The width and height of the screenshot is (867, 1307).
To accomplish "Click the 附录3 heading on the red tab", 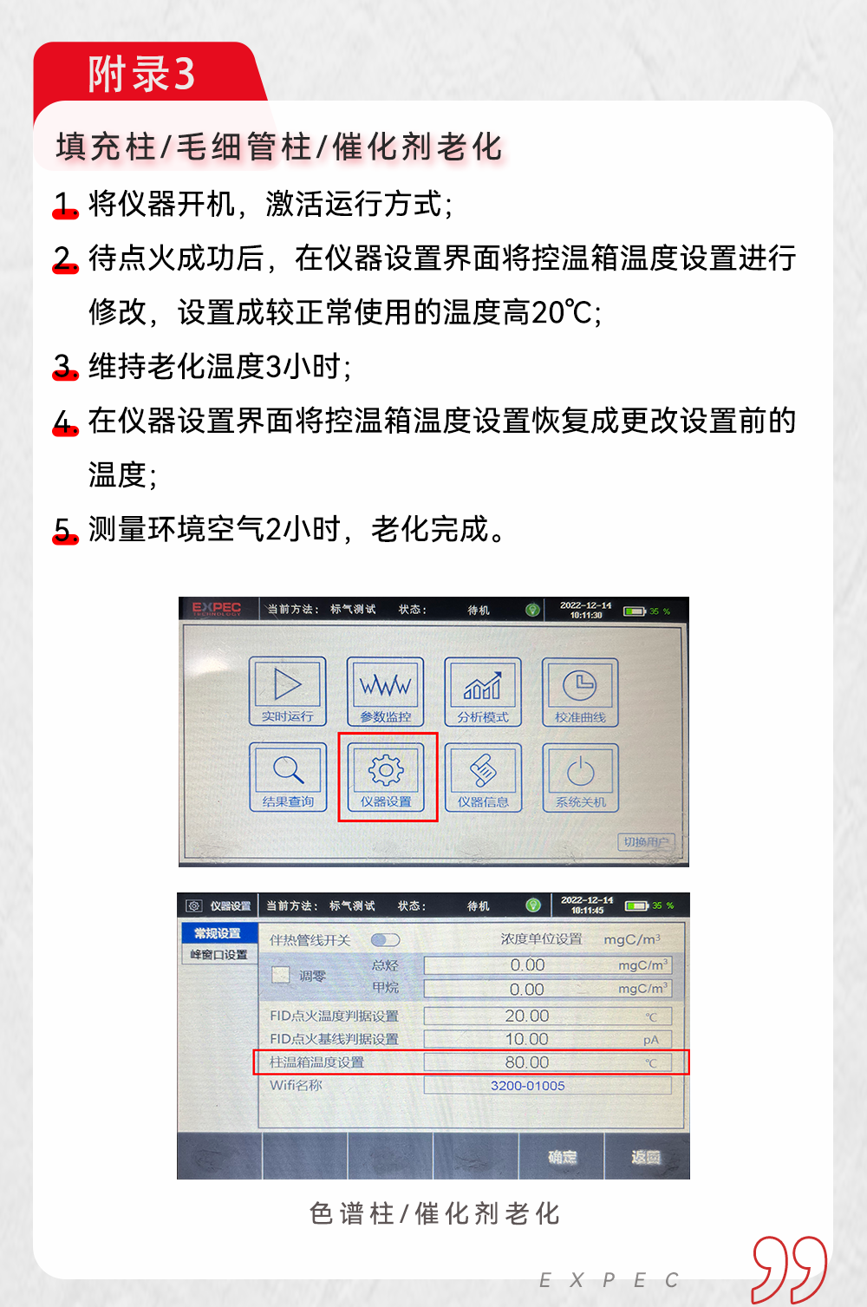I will [x=141, y=74].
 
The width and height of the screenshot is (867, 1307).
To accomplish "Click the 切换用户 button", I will [x=646, y=841].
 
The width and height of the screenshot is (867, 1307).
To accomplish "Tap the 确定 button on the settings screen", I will [x=562, y=1157].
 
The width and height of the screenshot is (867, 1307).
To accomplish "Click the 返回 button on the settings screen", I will [x=646, y=1157].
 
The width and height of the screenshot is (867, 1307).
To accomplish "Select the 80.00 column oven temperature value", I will [x=527, y=1062].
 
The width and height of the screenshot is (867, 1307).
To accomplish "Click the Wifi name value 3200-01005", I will [x=527, y=1086].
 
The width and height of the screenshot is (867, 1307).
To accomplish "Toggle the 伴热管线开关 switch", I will [x=385, y=940].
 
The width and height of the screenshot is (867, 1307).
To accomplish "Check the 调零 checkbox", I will [x=280, y=975].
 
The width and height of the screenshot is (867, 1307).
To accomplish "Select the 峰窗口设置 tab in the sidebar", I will [x=218, y=954].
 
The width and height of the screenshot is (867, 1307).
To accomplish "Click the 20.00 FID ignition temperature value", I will [x=527, y=1016].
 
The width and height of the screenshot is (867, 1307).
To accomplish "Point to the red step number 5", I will [x=63, y=529].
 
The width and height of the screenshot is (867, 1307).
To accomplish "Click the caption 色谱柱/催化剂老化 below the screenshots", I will [x=434, y=1213].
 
